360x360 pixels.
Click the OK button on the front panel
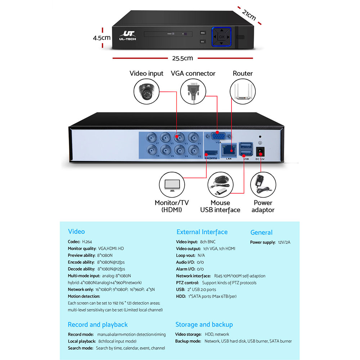(222, 37)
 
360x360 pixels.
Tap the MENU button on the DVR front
(203, 33)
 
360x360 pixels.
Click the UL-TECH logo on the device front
(127, 35)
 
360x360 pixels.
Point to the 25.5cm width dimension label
(182, 58)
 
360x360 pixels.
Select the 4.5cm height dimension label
(102, 37)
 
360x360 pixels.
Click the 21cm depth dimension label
(249, 15)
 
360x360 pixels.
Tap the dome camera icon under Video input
(147, 92)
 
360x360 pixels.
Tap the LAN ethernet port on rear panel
(229, 149)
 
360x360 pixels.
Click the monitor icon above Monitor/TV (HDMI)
(172, 185)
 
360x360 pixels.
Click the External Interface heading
(202, 232)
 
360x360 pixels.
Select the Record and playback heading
(98, 325)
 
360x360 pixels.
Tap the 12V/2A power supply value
(284, 242)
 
